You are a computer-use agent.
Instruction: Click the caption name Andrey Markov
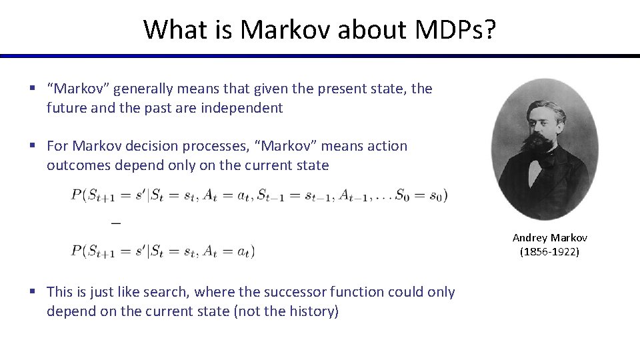[550, 237]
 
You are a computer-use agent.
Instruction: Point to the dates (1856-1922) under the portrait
[550, 251]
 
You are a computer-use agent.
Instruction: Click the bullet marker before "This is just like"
[32, 292]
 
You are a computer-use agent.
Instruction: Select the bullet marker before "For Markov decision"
[32, 145]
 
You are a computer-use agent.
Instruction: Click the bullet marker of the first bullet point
[32, 89]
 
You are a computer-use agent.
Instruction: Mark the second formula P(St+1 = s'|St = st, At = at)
[163, 251]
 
